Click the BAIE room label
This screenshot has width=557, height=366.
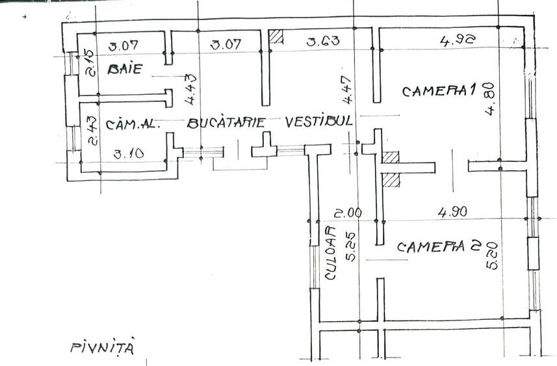pyautogui.click(x=125, y=68)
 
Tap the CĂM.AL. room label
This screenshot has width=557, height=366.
pyautogui.click(x=131, y=124)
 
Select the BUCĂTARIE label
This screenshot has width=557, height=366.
pyautogui.click(x=226, y=122)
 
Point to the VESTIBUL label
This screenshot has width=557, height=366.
pyautogui.click(x=319, y=121)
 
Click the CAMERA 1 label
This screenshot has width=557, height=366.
pyautogui.click(x=439, y=90)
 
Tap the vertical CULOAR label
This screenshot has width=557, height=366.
pyautogui.click(x=330, y=253)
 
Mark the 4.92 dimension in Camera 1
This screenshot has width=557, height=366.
pyautogui.click(x=458, y=40)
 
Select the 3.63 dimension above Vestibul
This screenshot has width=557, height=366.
pyautogui.click(x=323, y=41)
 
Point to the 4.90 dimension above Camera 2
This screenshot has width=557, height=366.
pyautogui.click(x=452, y=212)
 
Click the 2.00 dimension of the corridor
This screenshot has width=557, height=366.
pyautogui.click(x=348, y=213)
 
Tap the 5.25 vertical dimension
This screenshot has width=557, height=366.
pyautogui.click(x=350, y=247)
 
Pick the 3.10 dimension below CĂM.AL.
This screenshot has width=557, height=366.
pyautogui.click(x=129, y=154)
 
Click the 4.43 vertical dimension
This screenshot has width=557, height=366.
pyautogui.click(x=190, y=89)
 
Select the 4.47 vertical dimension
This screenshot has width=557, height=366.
pyautogui.click(x=347, y=90)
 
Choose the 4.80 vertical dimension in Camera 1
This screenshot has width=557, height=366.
pyautogui.click(x=489, y=99)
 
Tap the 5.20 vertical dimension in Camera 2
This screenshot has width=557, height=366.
pyautogui.click(x=493, y=255)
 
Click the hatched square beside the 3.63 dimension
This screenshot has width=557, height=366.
pyautogui.click(x=276, y=36)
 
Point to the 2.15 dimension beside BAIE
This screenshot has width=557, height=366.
pyautogui.click(x=90, y=63)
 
